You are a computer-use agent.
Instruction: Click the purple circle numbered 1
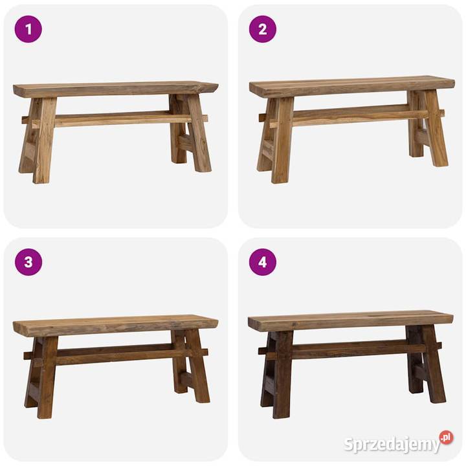28,29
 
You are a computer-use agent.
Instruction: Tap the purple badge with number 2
263,29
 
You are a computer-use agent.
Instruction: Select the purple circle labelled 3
28,262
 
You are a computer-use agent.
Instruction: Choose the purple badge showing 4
263,262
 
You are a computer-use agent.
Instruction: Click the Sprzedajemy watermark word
392,445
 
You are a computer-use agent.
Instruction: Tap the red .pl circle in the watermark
447,438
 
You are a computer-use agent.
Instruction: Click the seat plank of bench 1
116,89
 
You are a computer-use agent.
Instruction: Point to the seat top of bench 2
352,87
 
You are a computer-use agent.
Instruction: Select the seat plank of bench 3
116,326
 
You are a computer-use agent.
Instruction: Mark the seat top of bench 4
351,321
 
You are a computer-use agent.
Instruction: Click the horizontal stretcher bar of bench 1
115,120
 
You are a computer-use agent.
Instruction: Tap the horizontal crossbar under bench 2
351,116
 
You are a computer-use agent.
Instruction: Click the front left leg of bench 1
44,140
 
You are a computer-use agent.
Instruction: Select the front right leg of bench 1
197,133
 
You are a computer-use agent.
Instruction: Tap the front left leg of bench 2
282,140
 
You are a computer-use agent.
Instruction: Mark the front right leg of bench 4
434,364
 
